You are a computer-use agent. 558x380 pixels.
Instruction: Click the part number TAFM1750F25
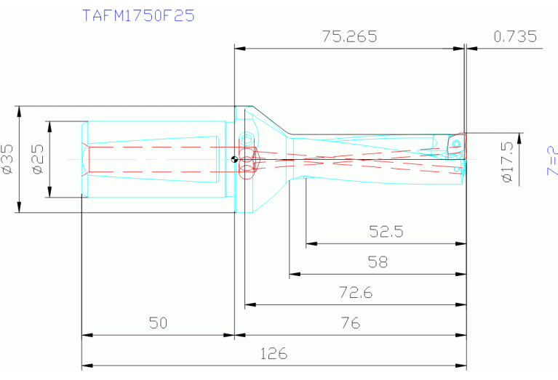139,15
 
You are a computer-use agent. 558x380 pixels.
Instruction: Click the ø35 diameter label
8,159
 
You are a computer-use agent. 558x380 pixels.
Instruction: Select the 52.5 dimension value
386,232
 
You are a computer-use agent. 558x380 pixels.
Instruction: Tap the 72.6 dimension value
356,293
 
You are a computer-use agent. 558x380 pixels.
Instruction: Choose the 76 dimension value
350,323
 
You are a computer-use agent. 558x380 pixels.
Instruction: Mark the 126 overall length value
273,354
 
